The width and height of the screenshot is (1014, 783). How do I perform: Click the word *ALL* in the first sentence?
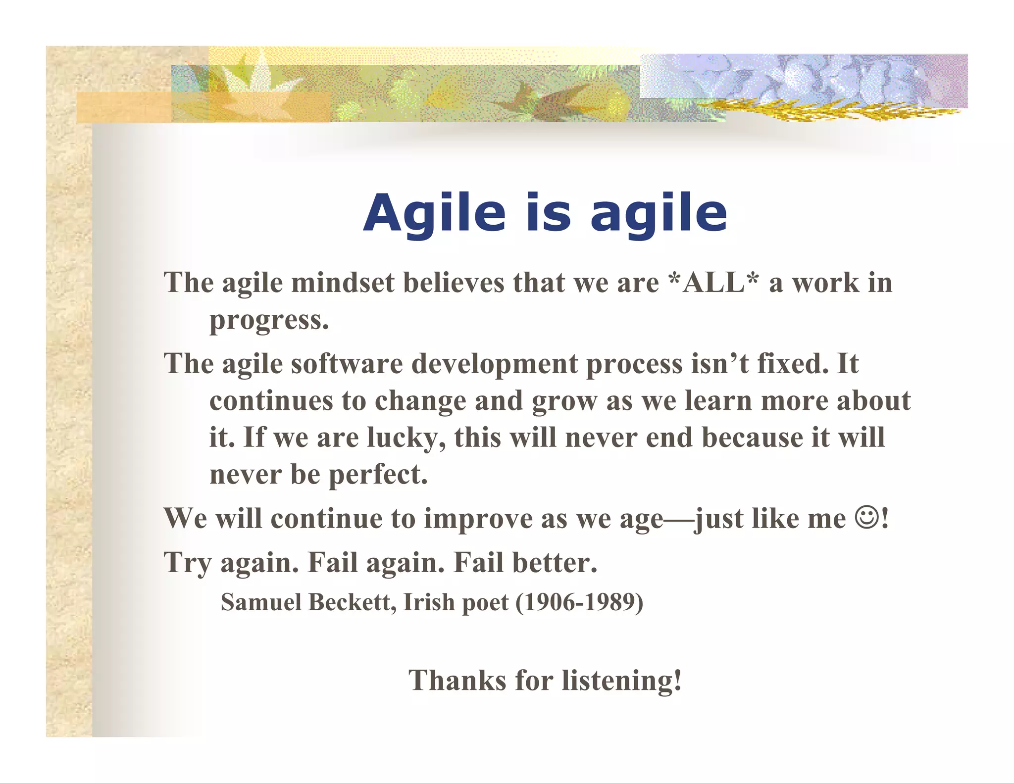click(x=713, y=283)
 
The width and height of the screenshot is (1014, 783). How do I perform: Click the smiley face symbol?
click(x=867, y=518)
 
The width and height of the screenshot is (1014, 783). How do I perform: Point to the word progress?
click(x=269, y=320)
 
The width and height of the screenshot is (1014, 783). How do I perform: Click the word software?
click(x=347, y=364)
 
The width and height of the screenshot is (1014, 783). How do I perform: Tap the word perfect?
click(x=378, y=475)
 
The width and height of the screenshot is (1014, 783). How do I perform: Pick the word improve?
click(x=478, y=519)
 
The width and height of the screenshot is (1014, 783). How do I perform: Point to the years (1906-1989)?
click(x=579, y=602)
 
